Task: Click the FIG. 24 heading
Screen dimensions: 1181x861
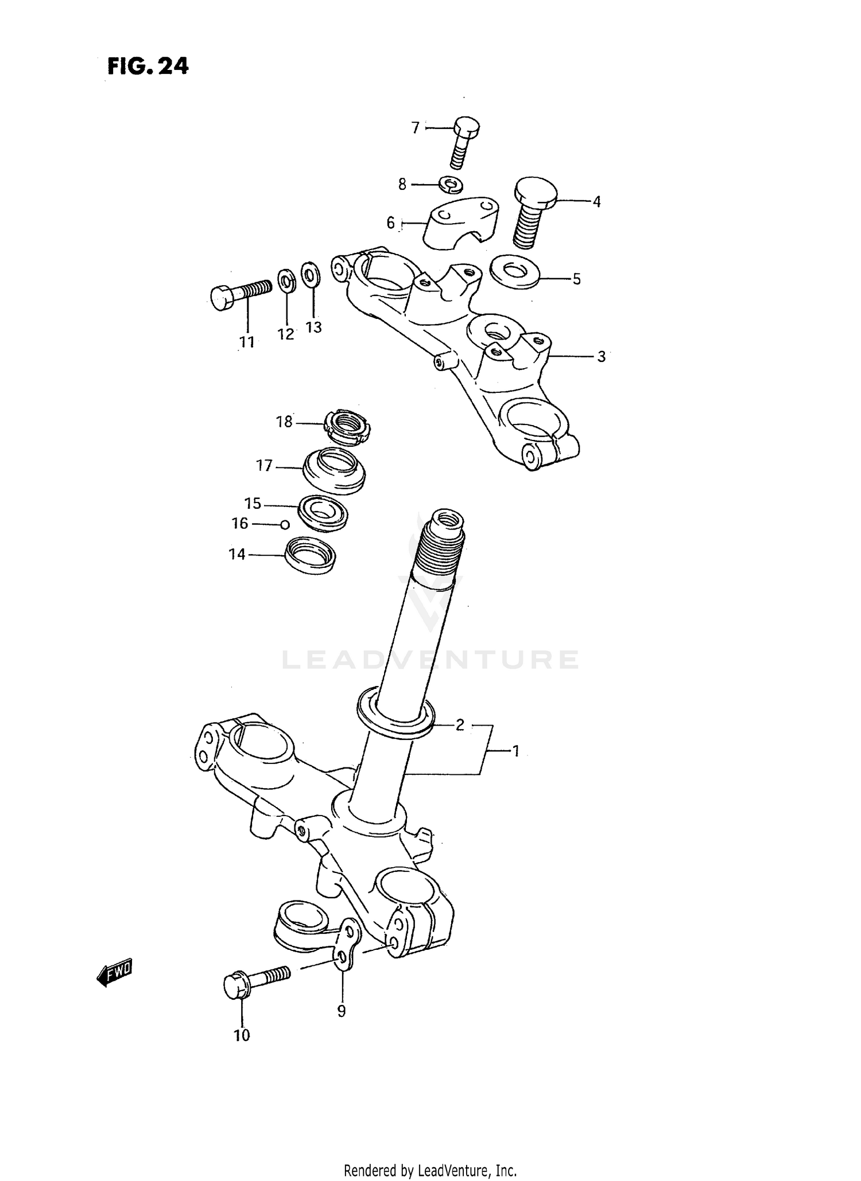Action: pos(148,67)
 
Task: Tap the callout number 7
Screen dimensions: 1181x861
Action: pos(416,127)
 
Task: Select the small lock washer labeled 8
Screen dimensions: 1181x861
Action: pos(452,185)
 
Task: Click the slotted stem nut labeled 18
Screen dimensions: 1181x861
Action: pos(347,428)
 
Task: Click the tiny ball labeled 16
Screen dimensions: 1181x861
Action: pos(284,524)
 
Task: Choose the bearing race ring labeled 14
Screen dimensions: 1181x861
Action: pos(311,554)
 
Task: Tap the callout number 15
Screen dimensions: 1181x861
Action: pos(253,504)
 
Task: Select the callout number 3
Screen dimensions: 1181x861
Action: pos(601,356)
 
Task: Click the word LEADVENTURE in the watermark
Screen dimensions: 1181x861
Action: pos(430,660)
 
